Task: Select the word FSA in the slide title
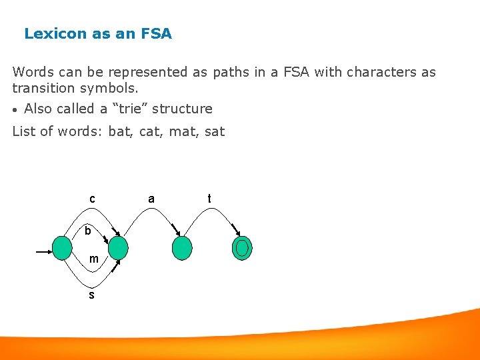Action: coord(156,33)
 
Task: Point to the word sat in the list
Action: coord(215,131)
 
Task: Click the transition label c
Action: coord(92,199)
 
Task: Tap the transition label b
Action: coord(88,231)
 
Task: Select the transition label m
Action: coord(94,259)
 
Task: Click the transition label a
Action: coord(151,199)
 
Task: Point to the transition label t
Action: coord(209,199)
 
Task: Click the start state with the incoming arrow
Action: coord(62,248)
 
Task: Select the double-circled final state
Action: coord(242,248)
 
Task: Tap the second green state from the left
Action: coord(118,248)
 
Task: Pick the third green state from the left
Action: coord(181,248)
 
